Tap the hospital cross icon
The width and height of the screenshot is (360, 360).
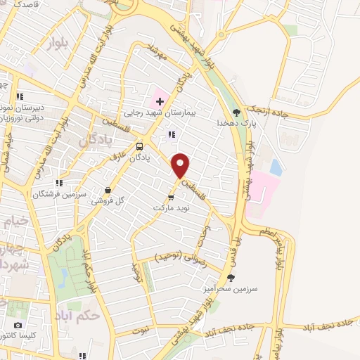(x=160, y=101)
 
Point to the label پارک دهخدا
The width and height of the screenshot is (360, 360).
(x=236, y=123)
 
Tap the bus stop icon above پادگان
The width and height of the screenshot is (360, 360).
(x=140, y=147)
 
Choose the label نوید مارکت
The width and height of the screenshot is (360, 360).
(x=171, y=209)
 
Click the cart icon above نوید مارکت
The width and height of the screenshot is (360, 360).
(x=171, y=198)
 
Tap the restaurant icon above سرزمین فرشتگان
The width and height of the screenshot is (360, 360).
(x=60, y=183)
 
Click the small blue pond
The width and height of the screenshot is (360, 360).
(x=276, y=168)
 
